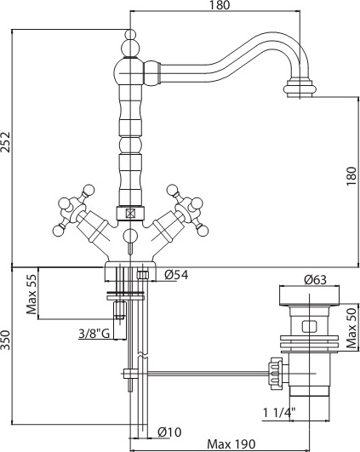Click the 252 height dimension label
tap(6, 142)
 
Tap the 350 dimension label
tap(6, 340)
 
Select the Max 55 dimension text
tap(32, 295)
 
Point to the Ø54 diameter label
tap(176, 275)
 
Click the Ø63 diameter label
tap(316, 279)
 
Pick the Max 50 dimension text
tap(352, 329)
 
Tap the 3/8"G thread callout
tap(94, 334)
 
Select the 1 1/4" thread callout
tap(279, 413)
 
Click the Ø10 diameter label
tap(169, 432)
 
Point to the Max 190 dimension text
tap(231, 444)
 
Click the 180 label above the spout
tap(220, 5)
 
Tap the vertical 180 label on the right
tap(351, 176)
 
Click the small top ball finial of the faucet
tap(130, 35)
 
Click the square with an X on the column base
tap(130, 214)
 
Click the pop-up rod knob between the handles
tap(130, 235)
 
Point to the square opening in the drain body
tap(309, 326)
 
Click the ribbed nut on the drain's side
tap(275, 374)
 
